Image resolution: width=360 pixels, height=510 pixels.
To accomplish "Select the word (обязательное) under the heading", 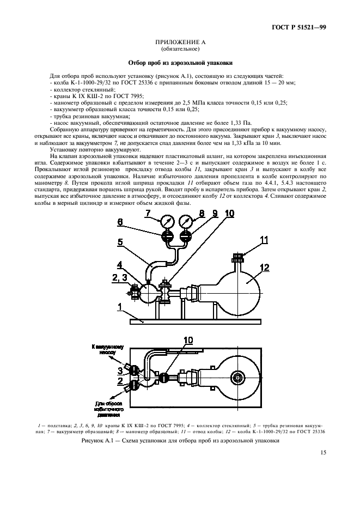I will tap(180, 48).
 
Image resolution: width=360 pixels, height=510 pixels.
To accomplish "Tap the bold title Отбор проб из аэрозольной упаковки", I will tap(180, 63).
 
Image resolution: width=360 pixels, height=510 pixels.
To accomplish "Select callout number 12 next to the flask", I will tap(265, 266).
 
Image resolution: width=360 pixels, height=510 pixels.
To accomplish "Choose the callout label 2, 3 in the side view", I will tap(120, 278).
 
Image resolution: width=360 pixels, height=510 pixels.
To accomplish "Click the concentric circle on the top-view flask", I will tap(237, 377).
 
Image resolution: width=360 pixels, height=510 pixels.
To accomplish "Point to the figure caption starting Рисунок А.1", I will tap(180, 441).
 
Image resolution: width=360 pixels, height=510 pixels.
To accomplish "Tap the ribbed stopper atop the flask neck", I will tap(237, 256).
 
